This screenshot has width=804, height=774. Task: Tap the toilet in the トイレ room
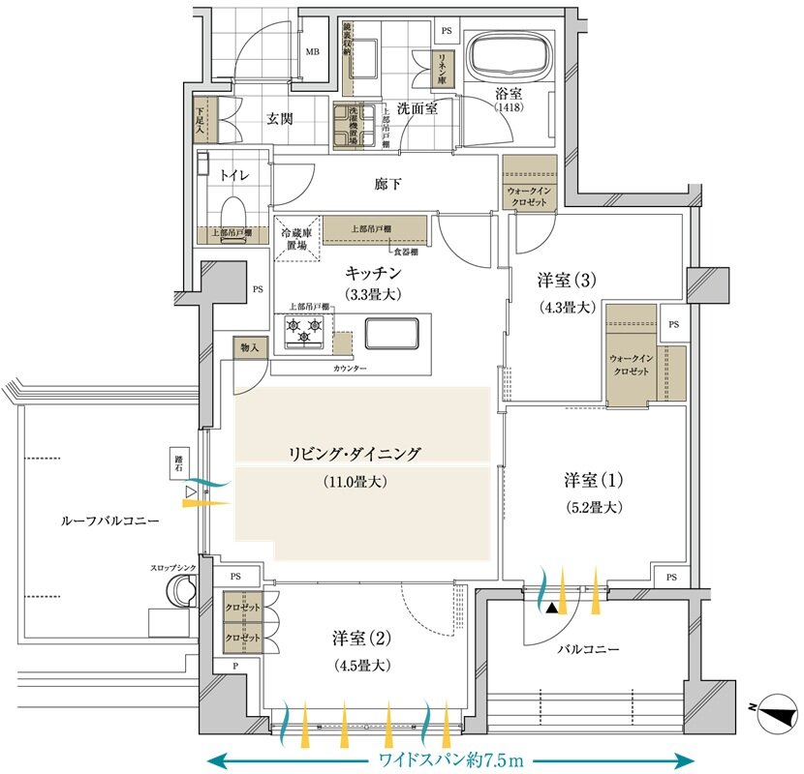(x=232, y=210)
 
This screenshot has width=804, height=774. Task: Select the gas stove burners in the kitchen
(x=302, y=332)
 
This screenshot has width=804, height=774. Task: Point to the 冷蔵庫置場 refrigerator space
(x=297, y=239)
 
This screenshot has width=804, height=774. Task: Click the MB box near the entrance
(x=313, y=52)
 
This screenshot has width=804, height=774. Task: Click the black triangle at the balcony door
(x=551, y=608)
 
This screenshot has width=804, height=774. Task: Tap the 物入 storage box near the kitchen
(x=249, y=347)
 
